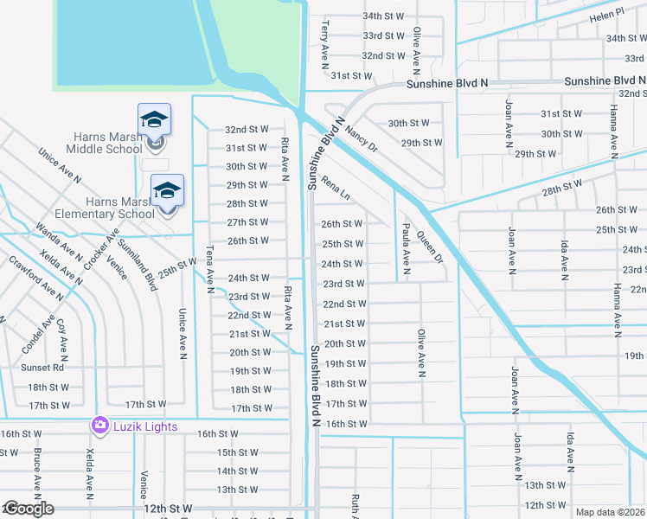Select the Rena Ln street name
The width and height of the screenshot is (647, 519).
pos(334,188)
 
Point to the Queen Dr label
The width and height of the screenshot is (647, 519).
pos(429,247)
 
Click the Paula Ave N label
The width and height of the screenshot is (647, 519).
pos(406,248)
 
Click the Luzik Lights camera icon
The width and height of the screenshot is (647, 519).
pos(100,426)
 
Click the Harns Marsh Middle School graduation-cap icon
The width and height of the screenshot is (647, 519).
pos(154,119)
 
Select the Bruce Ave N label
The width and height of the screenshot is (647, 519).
pos(37,470)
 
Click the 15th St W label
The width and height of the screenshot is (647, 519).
pos(238,452)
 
